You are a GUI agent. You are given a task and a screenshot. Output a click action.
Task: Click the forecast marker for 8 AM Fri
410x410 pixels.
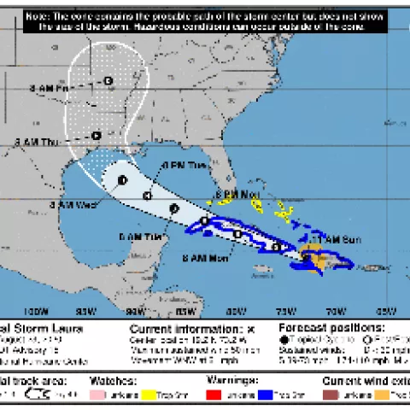(108, 81)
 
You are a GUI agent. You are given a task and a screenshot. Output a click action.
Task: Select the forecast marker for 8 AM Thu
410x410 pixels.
(97, 135)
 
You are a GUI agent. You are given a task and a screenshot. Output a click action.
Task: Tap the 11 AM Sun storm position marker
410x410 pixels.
(307, 254)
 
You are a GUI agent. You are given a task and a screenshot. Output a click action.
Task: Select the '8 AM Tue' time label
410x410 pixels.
(140, 236)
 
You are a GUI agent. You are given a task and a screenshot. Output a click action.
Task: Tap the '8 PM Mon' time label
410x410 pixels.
(238, 194)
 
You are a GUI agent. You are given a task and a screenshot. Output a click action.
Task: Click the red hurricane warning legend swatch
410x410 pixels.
(214, 394)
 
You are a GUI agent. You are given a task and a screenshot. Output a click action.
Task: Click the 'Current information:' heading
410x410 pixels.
(184, 327)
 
